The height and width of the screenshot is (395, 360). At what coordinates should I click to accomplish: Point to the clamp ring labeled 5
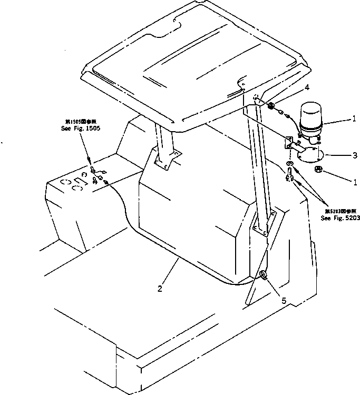coord(262,275)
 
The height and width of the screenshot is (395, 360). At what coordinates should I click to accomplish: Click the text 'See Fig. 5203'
coord(340,218)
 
